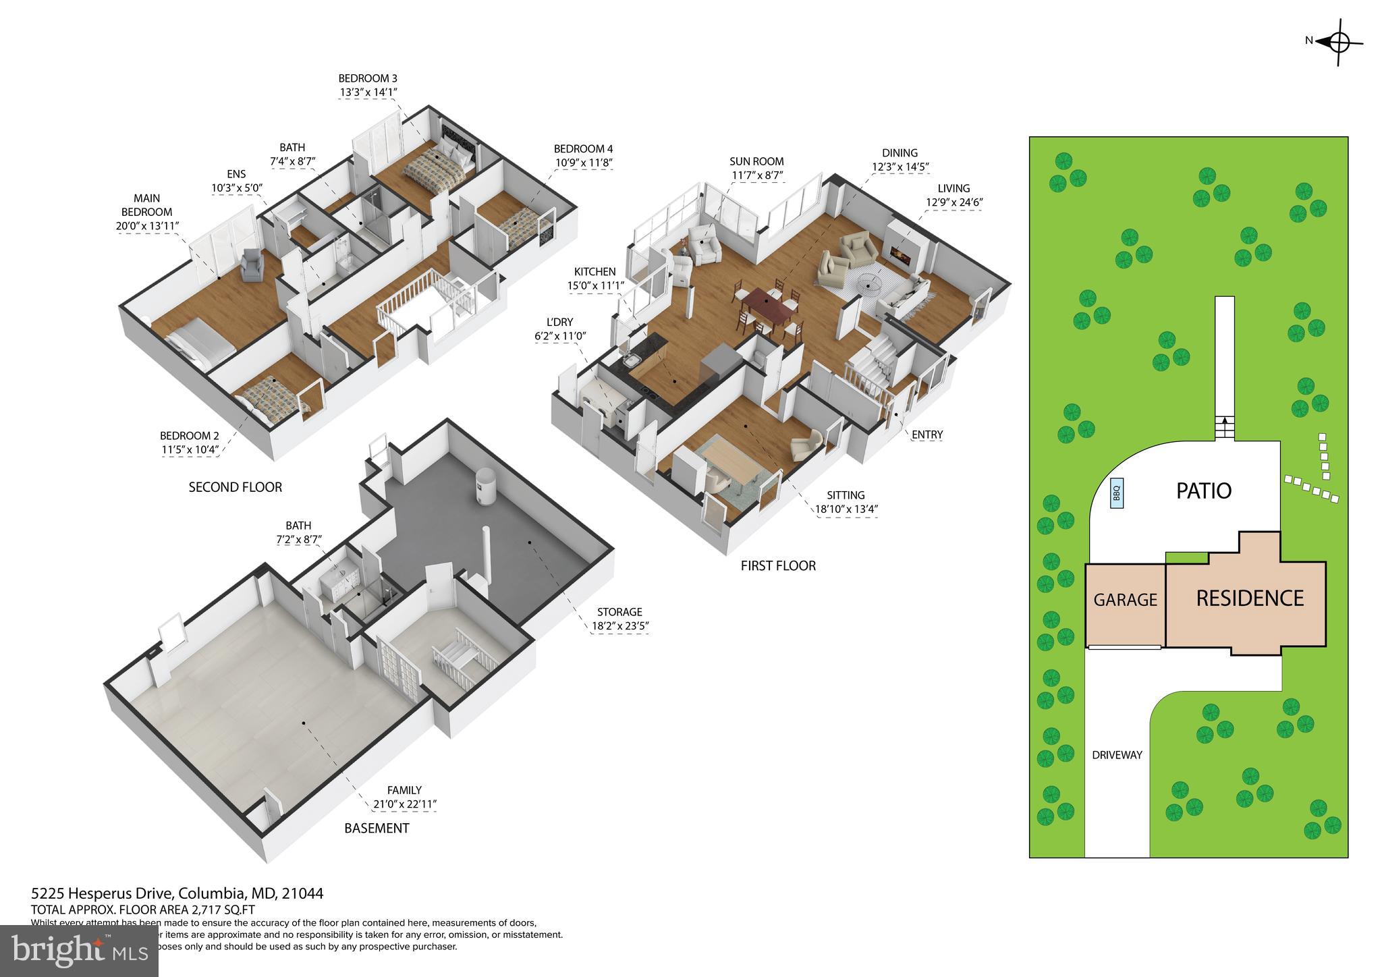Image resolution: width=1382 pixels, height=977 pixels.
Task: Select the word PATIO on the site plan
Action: pyautogui.click(x=1204, y=491)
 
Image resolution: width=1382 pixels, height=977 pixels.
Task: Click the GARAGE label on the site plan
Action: pyautogui.click(x=1125, y=599)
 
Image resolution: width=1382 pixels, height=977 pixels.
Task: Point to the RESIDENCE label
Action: pyautogui.click(x=1250, y=598)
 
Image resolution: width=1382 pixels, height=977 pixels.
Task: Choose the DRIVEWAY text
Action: pyautogui.click(x=1117, y=755)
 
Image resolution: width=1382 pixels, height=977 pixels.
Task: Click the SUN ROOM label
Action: pyautogui.click(x=756, y=161)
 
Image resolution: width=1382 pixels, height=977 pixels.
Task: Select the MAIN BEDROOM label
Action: pyautogui.click(x=146, y=205)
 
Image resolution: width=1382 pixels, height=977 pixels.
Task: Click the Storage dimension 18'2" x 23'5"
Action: pyautogui.click(x=619, y=626)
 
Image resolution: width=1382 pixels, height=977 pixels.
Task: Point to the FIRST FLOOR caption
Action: pyautogui.click(x=778, y=565)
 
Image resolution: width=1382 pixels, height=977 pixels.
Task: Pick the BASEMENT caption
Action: pyautogui.click(x=377, y=828)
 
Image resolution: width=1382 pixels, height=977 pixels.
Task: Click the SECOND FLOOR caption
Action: pyautogui.click(x=235, y=486)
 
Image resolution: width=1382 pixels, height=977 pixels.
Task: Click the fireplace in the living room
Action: pyautogui.click(x=900, y=252)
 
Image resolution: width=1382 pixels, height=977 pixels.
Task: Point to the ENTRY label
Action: pyautogui.click(x=927, y=435)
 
